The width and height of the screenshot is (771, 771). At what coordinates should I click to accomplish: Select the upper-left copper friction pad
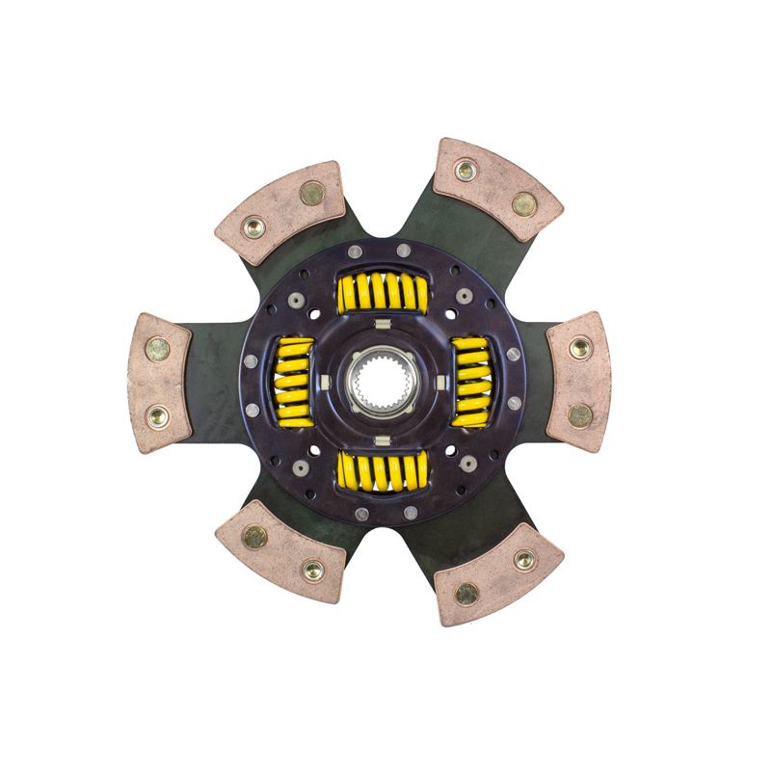(x=280, y=211)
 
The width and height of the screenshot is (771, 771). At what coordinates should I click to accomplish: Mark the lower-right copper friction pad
(x=496, y=575)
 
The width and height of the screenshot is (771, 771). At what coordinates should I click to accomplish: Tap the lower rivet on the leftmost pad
(x=157, y=417)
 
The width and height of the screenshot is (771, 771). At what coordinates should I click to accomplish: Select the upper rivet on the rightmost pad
(x=580, y=348)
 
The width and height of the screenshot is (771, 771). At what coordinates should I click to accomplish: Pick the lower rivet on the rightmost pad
(x=579, y=414)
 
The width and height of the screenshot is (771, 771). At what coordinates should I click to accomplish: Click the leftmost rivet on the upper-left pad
(x=254, y=228)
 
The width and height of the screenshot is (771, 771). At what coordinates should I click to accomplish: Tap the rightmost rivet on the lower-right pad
(x=524, y=560)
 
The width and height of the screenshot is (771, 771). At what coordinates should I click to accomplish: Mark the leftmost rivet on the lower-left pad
(x=254, y=536)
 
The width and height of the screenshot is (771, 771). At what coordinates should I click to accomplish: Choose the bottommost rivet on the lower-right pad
(x=466, y=593)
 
